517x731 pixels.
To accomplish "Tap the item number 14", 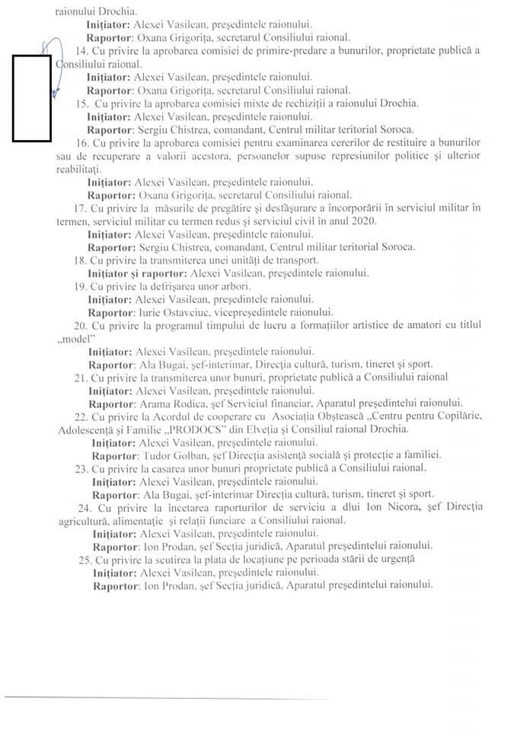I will pos(82,50).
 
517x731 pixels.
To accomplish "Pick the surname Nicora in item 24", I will pos(391,507).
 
